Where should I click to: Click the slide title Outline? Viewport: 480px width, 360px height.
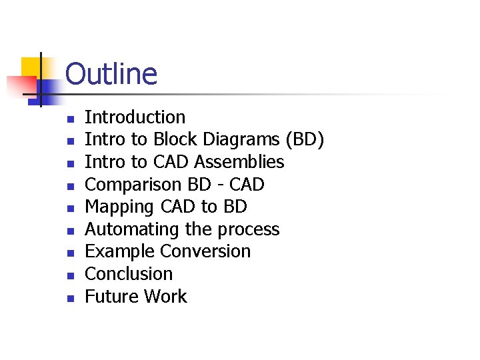point(111,74)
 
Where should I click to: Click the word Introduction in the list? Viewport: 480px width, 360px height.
point(135,117)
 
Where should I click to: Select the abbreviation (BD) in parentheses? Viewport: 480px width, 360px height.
point(305,140)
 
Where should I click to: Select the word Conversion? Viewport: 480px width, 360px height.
point(206,251)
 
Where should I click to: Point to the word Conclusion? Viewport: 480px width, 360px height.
point(129,274)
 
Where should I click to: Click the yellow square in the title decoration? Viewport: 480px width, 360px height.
point(31,67)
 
